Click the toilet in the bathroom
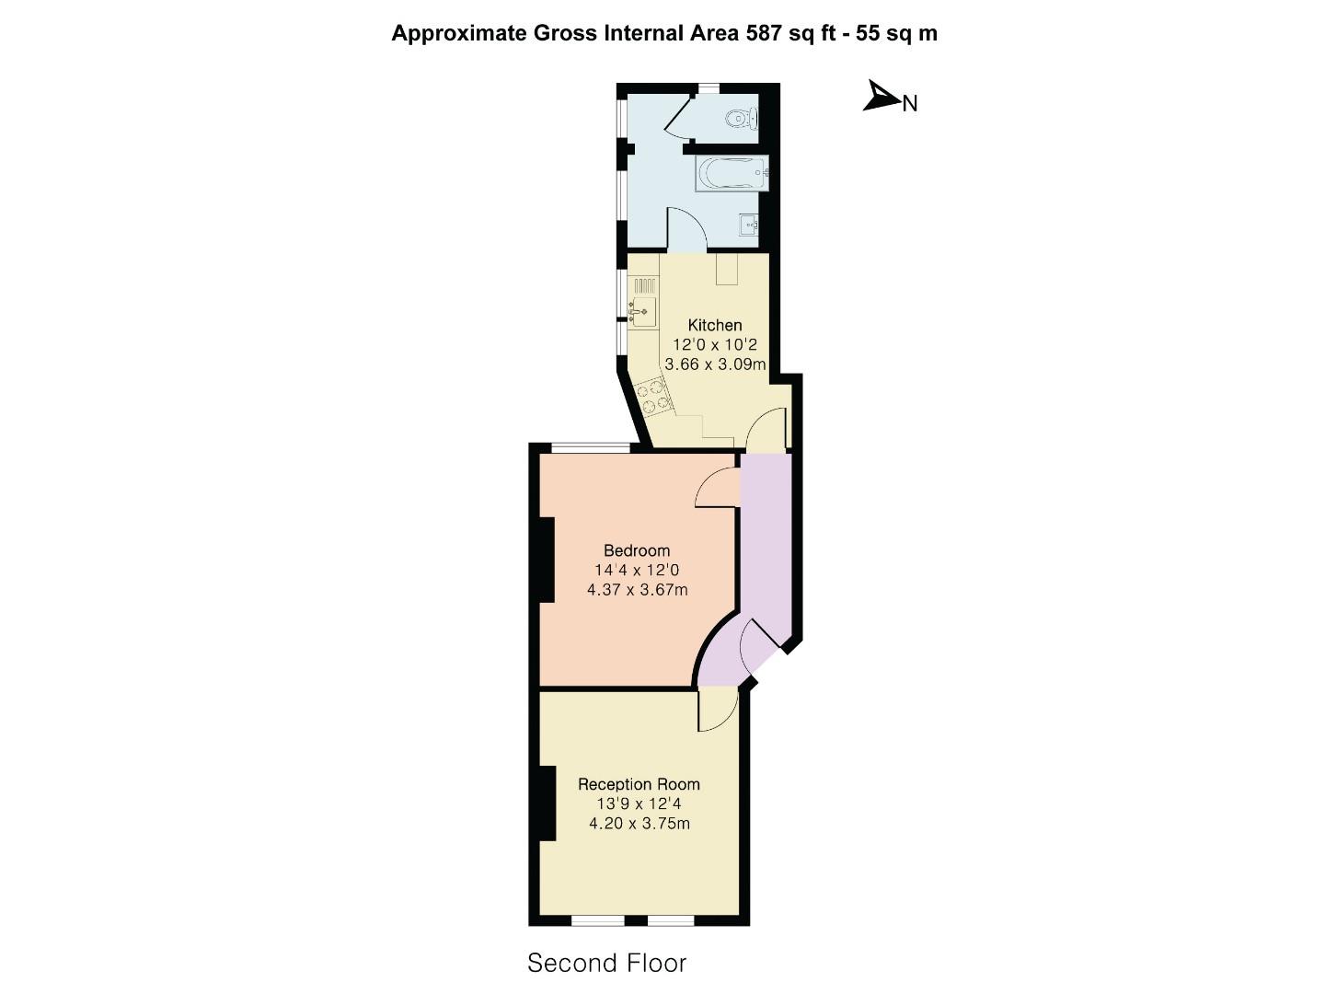[x=742, y=119]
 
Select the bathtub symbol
[x=732, y=173]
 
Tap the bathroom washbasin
[x=749, y=224]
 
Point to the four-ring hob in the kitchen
[x=654, y=397]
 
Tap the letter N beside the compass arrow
[x=910, y=104]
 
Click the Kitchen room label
[x=715, y=325]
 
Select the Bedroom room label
[x=637, y=550]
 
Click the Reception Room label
[x=639, y=784]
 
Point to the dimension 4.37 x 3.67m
[x=637, y=590]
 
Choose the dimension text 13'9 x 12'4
[x=639, y=803]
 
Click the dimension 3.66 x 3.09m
[x=715, y=364]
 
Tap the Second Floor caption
[x=606, y=964]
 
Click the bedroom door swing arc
[x=717, y=488]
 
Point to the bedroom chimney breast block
[x=546, y=560]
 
